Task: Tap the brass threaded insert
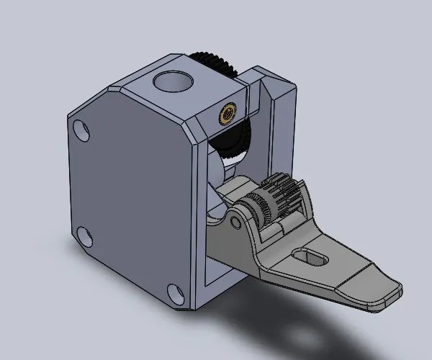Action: coord(227,112)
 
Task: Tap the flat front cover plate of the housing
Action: coord(130,194)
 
